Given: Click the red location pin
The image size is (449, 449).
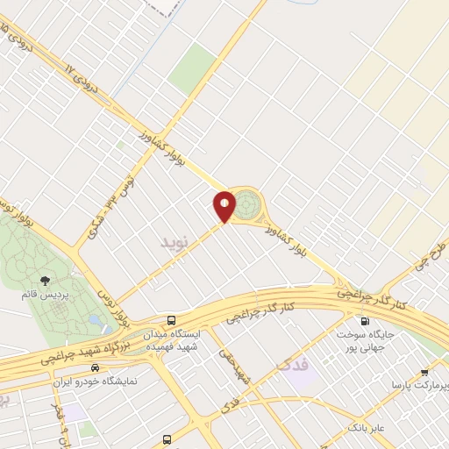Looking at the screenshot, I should pyautogui.click(x=224, y=206).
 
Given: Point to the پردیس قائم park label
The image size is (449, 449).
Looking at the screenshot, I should pyautogui.click(x=41, y=295).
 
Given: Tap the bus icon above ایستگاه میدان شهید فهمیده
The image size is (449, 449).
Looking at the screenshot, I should pyautogui.click(x=173, y=321).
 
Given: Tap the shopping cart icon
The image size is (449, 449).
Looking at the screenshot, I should pyautogui.click(x=424, y=371).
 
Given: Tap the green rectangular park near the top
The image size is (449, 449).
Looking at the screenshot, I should pyautogui.click(x=193, y=68).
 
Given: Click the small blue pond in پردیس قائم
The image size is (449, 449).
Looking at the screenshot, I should pyautogui.click(x=94, y=319).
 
